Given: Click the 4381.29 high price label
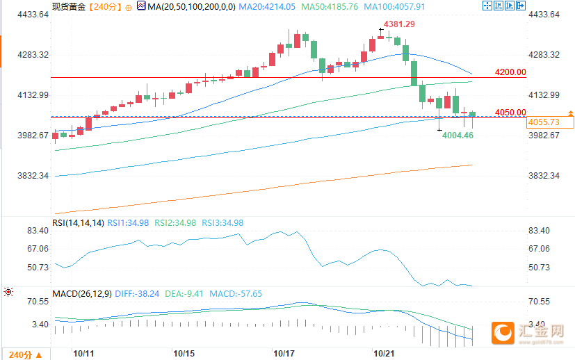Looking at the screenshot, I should tap(400, 24).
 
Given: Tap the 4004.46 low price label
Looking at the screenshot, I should tap(457, 136).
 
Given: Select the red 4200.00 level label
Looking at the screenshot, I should tap(510, 72).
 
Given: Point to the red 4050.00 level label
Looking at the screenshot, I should tap(510, 113).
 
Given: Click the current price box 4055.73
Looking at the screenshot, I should tap(544, 122).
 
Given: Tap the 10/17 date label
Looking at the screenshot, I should tap(284, 354).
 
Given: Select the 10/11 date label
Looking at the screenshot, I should tap(83, 354).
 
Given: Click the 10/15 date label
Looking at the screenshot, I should tap(184, 354).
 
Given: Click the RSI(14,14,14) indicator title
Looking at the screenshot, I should tap(78, 223).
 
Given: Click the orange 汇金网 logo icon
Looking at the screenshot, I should tap(502, 333).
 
